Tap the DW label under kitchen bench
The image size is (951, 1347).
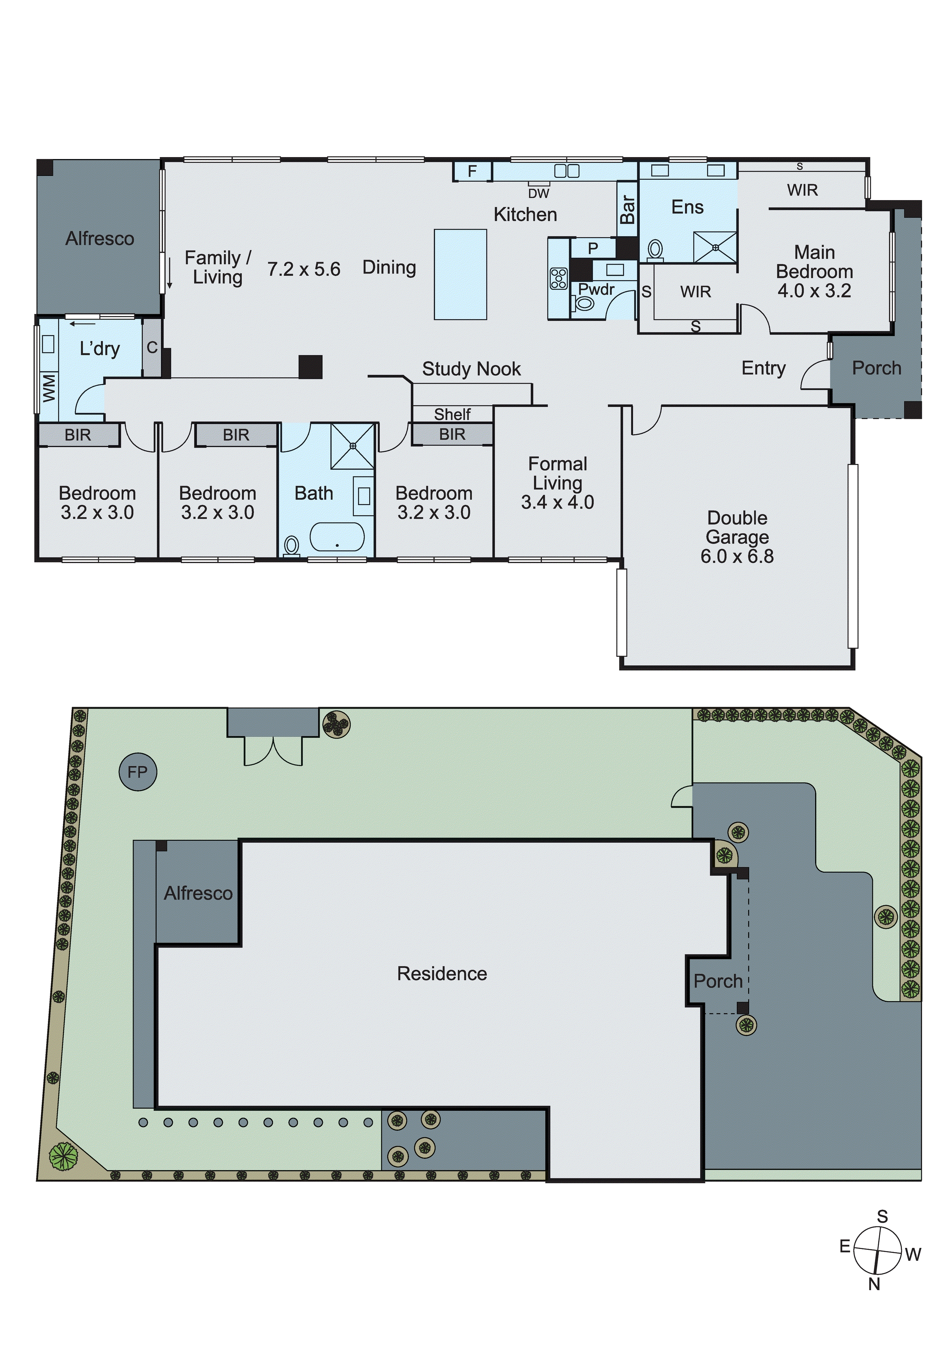click(x=538, y=194)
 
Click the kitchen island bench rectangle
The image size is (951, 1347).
click(x=460, y=274)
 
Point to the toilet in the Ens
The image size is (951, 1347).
click(x=655, y=250)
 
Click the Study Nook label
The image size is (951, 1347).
click(x=471, y=369)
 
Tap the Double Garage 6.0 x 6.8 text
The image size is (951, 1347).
click(x=737, y=537)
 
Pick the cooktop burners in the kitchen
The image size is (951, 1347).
click(x=558, y=279)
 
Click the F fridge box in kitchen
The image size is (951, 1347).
click(x=472, y=171)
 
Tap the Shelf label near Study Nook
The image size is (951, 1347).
click(x=452, y=414)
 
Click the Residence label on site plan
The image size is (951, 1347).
click(x=442, y=973)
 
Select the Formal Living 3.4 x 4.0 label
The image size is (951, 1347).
click(x=558, y=483)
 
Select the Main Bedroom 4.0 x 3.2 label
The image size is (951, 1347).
click(x=814, y=271)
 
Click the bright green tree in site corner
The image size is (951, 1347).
click(x=63, y=1156)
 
